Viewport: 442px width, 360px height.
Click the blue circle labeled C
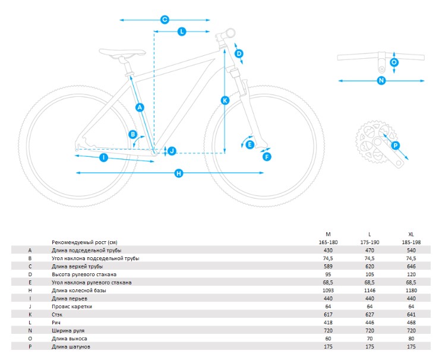[165, 20]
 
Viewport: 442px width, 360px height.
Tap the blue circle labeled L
[182, 31]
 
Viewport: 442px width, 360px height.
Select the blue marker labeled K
[225, 100]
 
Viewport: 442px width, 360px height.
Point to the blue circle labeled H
[179, 173]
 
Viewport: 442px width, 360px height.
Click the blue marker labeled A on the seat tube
[140, 107]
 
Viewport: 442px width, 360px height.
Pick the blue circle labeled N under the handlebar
[381, 81]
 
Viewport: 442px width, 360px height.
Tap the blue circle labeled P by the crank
[396, 146]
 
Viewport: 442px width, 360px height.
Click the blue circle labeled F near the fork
[267, 157]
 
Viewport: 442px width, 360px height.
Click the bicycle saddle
[122, 52]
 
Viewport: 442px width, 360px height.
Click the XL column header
[411, 234]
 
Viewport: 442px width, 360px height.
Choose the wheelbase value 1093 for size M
[328, 290]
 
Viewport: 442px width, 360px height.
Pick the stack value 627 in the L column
[370, 314]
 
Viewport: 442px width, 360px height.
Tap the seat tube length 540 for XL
[411, 250]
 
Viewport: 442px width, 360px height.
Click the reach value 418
[328, 323]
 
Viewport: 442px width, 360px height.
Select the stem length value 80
[411, 339]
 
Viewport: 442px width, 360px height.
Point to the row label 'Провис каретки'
[72, 307]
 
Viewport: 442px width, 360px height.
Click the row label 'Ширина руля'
[68, 331]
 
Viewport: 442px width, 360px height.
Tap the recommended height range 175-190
[370, 242]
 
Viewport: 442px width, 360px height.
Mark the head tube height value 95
[328, 274]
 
